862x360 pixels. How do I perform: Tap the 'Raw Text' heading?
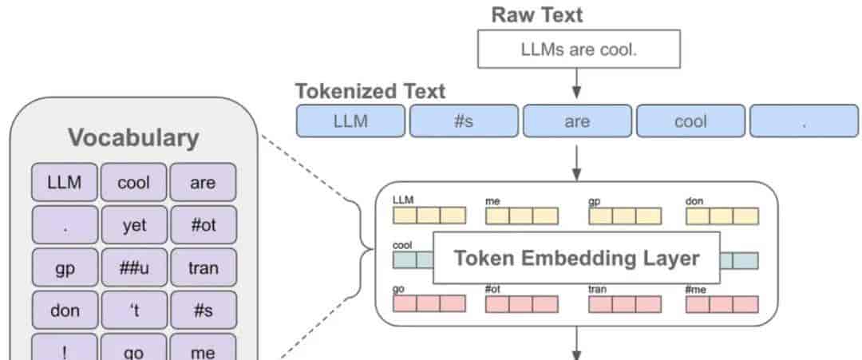coord(536,15)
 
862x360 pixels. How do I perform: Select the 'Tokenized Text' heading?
coord(370,91)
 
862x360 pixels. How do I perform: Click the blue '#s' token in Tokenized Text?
coord(464,121)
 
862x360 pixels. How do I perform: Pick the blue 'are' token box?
coord(577,121)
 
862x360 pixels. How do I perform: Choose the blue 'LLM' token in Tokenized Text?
coord(350,121)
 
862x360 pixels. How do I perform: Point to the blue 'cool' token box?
coord(691,121)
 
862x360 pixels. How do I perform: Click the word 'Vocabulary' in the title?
coord(133,138)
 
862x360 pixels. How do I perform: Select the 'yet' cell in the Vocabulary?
coord(133,225)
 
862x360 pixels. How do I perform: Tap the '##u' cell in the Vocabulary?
coord(133,267)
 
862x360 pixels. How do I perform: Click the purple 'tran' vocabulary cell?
coord(203,267)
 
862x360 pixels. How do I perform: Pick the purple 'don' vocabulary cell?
coord(65,311)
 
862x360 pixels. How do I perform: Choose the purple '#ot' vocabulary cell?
coord(203,225)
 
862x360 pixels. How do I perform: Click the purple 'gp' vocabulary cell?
coord(65,267)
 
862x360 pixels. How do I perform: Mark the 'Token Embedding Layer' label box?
coord(577,258)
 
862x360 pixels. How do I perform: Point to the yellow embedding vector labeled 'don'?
coord(722,216)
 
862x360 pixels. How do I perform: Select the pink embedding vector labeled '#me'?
coord(722,304)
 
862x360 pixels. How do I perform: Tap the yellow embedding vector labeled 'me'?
coord(522,216)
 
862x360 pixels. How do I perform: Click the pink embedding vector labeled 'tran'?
coord(625,304)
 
